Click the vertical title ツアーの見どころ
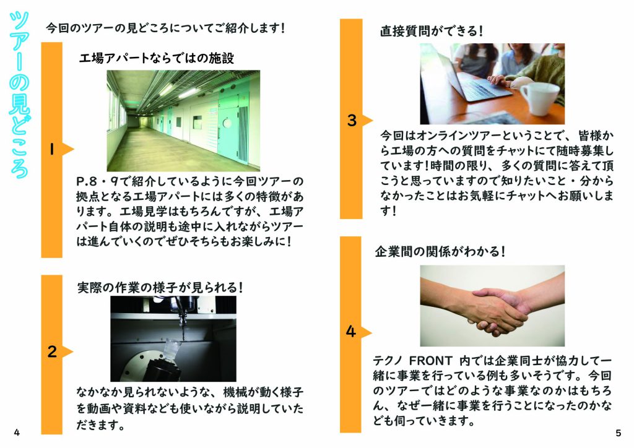pyautogui.click(x=19, y=95)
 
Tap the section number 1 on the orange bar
pyautogui.click(x=52, y=150)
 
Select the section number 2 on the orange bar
pyautogui.click(x=52, y=352)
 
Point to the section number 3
pyautogui.click(x=352, y=121)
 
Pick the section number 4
pyautogui.click(x=350, y=332)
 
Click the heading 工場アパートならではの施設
pyautogui.click(x=157, y=58)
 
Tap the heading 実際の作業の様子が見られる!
pyautogui.click(x=160, y=288)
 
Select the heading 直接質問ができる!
pyautogui.click(x=431, y=31)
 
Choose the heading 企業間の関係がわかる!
pyautogui.click(x=440, y=252)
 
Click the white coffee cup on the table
pyautogui.click(x=539, y=98)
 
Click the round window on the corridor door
pyautogui.click(x=227, y=123)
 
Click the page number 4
pyautogui.click(x=17, y=433)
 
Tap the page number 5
pyautogui.click(x=619, y=433)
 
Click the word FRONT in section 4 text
pyautogui.click(x=431, y=360)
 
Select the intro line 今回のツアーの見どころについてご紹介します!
pyautogui.click(x=165, y=28)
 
